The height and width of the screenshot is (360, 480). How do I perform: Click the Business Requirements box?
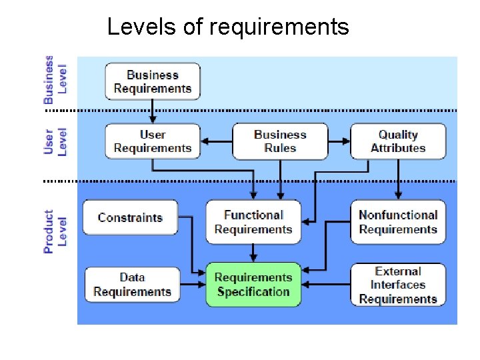point(153,81)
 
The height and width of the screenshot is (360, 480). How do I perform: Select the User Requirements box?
point(153,141)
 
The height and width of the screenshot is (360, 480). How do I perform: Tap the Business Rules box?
point(280,141)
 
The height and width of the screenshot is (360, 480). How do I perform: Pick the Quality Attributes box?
point(398,141)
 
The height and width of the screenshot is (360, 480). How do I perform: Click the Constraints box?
point(130,217)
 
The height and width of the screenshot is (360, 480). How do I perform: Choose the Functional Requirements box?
point(253,222)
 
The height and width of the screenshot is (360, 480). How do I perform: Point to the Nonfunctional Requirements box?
point(398,222)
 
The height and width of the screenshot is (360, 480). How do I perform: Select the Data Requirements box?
point(133,285)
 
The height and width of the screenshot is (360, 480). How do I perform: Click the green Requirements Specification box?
point(253,285)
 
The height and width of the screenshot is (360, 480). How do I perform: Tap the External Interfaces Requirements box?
point(398,285)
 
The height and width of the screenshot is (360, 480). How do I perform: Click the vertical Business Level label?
point(55,79)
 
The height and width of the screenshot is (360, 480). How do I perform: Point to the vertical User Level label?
point(55,141)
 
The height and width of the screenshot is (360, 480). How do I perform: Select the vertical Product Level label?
point(55,231)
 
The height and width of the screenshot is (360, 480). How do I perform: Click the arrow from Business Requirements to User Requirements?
point(153,111)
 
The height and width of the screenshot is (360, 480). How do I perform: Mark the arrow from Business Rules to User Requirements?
point(217,141)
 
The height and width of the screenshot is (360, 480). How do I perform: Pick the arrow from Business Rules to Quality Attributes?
point(339,141)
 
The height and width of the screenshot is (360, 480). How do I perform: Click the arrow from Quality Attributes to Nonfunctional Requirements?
point(398,179)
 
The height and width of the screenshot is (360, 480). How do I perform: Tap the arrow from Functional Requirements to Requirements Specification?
point(253,253)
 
